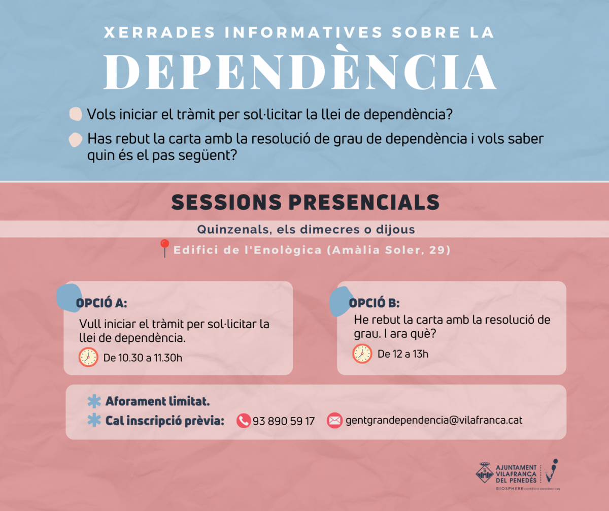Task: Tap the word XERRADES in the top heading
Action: tap(159, 33)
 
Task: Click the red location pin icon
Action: tap(165, 248)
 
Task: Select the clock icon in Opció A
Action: tap(88, 357)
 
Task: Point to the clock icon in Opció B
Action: tap(362, 354)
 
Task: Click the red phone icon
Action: tap(244, 421)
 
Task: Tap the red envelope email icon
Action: tap(334, 421)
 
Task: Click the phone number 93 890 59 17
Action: tap(284, 421)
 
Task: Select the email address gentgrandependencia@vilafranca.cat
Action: tap(434, 420)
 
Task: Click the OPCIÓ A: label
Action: tap(101, 303)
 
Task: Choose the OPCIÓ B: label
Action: tap(374, 303)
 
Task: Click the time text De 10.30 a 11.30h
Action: tap(143, 358)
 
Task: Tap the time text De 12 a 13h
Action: tap(403, 354)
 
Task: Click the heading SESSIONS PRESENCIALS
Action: tap(306, 202)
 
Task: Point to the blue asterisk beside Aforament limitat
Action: tap(94, 401)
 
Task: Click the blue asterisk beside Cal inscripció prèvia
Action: tap(94, 421)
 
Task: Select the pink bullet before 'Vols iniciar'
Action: tap(76, 114)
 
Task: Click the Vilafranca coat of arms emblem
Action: tap(485, 473)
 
